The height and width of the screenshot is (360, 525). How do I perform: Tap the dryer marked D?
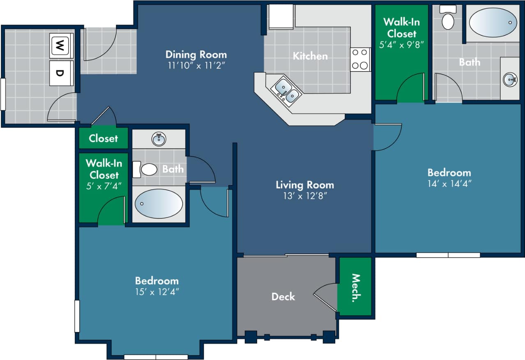61,73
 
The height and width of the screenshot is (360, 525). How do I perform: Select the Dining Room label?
196,54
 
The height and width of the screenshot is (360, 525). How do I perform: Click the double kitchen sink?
287,91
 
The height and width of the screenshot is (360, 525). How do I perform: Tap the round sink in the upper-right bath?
510,79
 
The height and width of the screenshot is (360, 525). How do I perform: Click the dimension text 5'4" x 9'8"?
401,44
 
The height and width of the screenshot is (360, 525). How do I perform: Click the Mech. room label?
355,288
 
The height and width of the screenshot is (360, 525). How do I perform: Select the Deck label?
283,296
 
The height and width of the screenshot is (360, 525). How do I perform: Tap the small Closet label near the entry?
103,138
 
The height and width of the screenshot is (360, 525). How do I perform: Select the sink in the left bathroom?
159,139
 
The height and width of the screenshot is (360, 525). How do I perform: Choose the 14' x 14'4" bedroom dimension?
449,183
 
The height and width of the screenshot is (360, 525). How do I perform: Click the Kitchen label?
310,56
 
